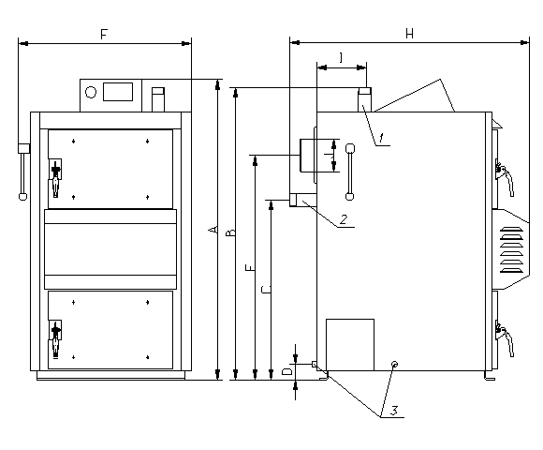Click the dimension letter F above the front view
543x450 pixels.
[104, 35]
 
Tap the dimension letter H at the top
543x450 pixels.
[409, 34]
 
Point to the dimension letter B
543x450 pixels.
[230, 232]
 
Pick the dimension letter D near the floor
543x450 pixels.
[287, 371]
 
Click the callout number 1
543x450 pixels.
[381, 138]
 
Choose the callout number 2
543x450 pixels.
[344, 219]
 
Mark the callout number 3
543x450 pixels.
[394, 411]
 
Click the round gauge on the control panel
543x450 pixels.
[91, 92]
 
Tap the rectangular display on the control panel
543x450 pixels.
[118, 92]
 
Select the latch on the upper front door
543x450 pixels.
[55, 177]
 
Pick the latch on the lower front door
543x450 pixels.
[55, 338]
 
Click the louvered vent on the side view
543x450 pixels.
[512, 249]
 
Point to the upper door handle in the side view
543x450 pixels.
[505, 177]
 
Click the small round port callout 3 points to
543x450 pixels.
[394, 365]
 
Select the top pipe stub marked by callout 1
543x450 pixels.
[364, 99]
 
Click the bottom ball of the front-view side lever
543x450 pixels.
[22, 197]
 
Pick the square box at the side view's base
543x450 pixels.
[350, 345]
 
